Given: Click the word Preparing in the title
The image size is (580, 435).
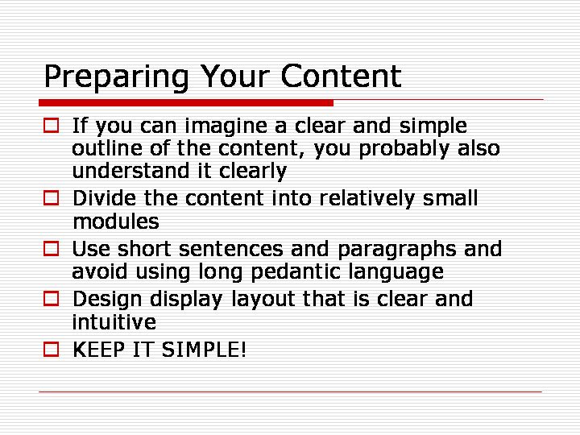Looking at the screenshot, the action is pyautogui.click(x=117, y=77).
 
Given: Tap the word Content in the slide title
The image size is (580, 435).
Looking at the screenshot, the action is pyautogui.click(x=341, y=77).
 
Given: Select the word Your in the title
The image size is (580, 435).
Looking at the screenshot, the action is pyautogui.click(x=234, y=77).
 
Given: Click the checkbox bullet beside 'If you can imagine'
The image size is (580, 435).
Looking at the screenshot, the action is pyautogui.click(x=51, y=126).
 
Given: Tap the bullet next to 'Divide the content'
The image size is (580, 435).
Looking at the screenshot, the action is pyautogui.click(x=51, y=198).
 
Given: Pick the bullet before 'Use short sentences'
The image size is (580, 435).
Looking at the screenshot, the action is pyautogui.click(x=51, y=248).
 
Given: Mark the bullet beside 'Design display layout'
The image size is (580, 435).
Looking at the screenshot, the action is pyautogui.click(x=51, y=299).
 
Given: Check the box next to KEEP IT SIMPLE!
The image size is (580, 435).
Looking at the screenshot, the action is pyautogui.click(x=51, y=349).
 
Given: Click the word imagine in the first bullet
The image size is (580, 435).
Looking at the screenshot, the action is pyautogui.click(x=226, y=127).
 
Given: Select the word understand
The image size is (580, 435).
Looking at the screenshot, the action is pyautogui.click(x=128, y=171).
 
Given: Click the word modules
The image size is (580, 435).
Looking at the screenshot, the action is pyautogui.click(x=116, y=222).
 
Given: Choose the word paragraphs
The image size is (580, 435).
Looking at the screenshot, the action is pyautogui.click(x=396, y=250).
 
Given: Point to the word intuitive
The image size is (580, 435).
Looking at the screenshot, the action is pyautogui.click(x=114, y=321).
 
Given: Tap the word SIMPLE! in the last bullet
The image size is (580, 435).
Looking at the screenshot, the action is pyautogui.click(x=204, y=349).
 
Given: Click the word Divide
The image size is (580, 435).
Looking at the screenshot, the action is pyautogui.click(x=104, y=198).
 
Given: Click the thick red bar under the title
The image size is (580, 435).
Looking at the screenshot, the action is pyautogui.click(x=186, y=103).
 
